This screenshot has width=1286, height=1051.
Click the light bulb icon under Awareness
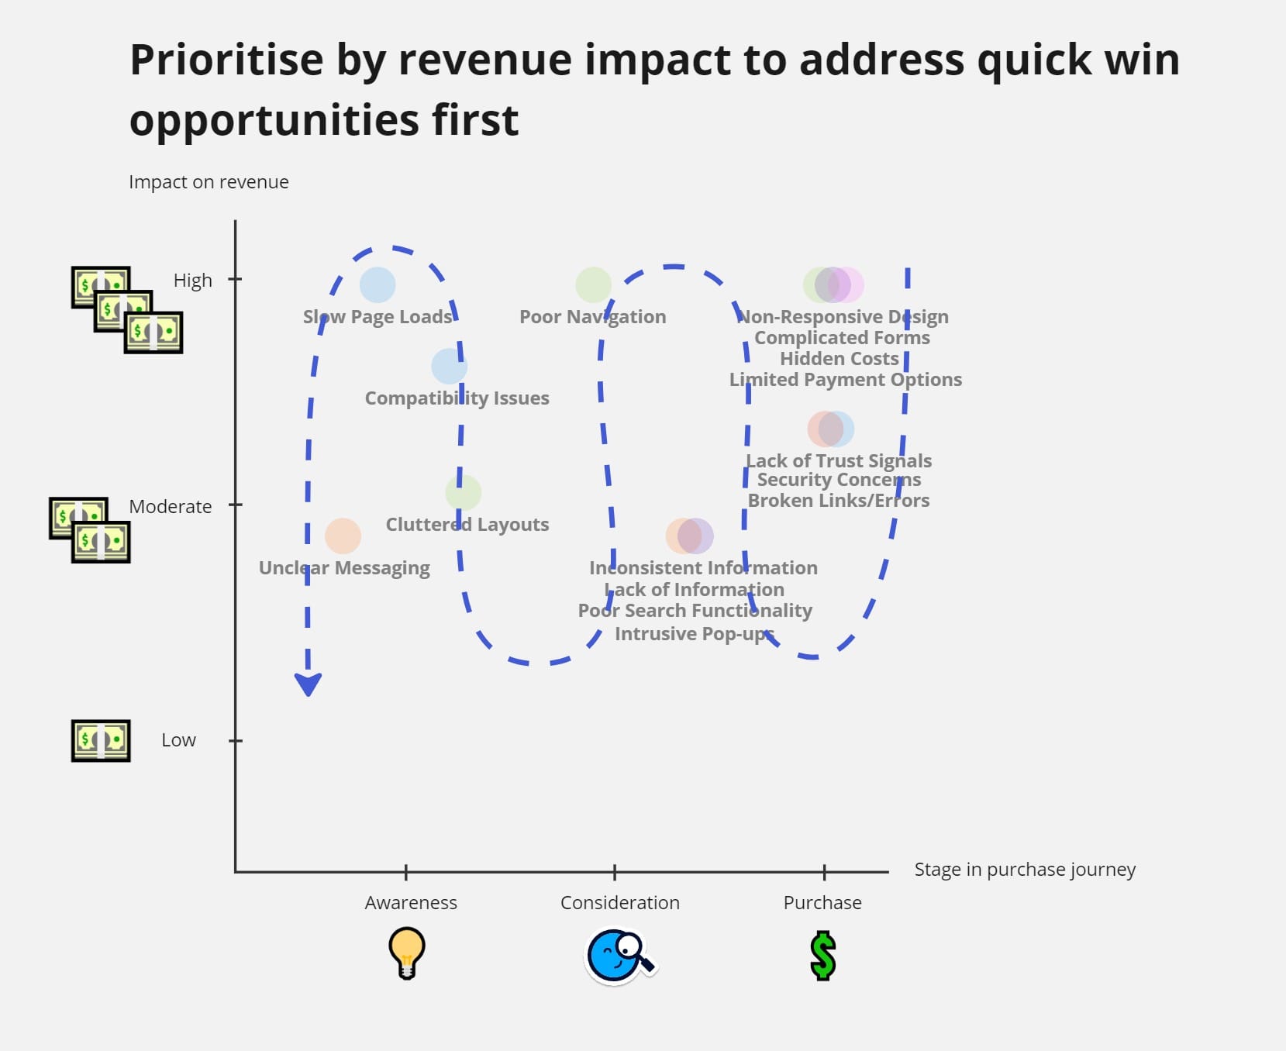tap(406, 953)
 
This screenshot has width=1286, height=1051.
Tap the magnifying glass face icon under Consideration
tap(619, 956)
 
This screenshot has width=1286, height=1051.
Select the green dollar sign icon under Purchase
tap(822, 956)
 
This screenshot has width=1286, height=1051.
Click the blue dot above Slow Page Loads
tap(378, 284)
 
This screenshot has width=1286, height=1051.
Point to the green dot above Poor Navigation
tap(593, 284)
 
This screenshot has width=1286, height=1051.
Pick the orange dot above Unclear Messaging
tap(343, 536)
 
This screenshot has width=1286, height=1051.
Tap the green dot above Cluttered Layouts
tap(463, 492)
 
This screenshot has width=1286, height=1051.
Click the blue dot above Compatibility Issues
tap(449, 366)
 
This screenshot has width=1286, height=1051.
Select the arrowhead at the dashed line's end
tap(308, 684)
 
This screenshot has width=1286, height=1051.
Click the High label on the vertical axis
tap(192, 280)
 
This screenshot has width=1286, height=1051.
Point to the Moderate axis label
tap(170, 506)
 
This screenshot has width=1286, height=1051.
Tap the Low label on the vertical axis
tap(178, 740)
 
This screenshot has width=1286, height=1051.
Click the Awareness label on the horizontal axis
tap(411, 902)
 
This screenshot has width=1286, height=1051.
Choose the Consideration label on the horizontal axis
tap(619, 902)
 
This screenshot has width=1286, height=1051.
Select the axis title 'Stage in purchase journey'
tap(1025, 869)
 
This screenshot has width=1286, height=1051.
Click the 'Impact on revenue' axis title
tap(209, 182)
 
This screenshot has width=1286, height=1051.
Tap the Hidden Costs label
tap(839, 358)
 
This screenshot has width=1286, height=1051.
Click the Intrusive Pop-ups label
tap(694, 633)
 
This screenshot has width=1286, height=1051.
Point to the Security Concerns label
tap(839, 480)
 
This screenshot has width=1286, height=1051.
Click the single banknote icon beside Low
tap(101, 740)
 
